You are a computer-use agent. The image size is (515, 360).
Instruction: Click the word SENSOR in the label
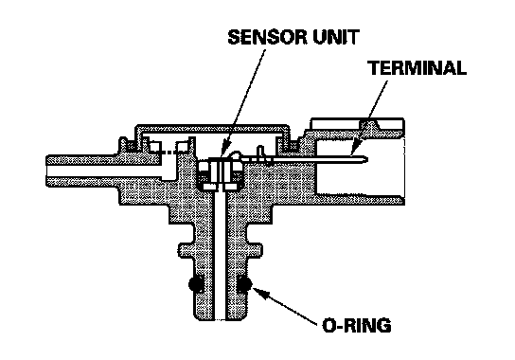point(268,37)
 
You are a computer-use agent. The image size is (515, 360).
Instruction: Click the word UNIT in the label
point(336,37)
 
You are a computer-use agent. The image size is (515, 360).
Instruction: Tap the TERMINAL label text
point(417,68)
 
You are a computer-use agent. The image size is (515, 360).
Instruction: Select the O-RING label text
point(357,325)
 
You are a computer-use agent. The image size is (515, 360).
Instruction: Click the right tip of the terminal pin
point(367,160)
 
